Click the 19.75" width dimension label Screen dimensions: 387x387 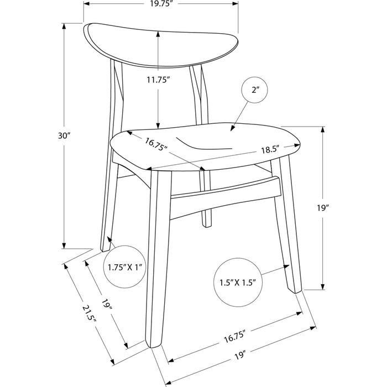(x=161, y=4)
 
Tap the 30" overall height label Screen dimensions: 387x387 (x=65, y=135)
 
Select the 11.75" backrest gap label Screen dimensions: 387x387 (x=158, y=80)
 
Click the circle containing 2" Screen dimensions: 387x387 (x=255, y=90)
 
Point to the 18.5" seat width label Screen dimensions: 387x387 (x=270, y=150)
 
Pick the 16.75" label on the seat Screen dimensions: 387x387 (x=156, y=145)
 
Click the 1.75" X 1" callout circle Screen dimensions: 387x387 (x=125, y=267)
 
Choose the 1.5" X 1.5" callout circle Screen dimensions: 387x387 (x=238, y=283)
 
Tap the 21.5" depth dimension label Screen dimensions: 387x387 (x=89, y=314)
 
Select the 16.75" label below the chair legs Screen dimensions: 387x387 (x=235, y=337)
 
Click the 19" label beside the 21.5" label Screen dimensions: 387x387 (x=107, y=305)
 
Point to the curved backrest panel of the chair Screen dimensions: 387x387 (x=161, y=45)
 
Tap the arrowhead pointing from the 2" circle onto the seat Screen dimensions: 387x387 (x=232, y=128)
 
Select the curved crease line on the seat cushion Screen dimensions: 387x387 (x=203, y=144)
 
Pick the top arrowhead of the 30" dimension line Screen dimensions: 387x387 (x=64, y=26)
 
